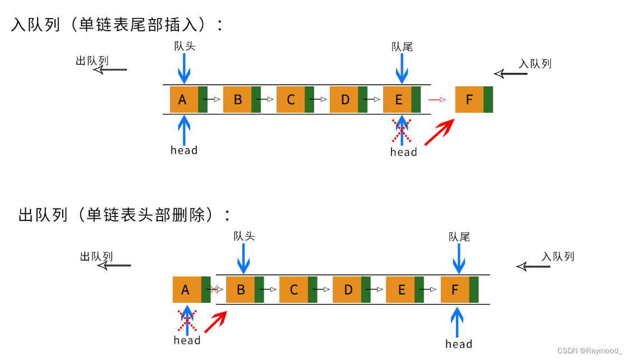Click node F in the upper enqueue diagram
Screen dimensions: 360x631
pyautogui.click(x=469, y=100)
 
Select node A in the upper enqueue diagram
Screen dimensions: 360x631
pyautogui.click(x=183, y=100)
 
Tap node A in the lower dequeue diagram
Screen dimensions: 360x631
pyautogui.click(x=186, y=290)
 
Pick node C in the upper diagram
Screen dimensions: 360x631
pyautogui.click(x=291, y=100)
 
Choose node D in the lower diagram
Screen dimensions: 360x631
pyautogui.click(x=348, y=290)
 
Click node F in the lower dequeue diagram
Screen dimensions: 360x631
pyautogui.click(x=455, y=290)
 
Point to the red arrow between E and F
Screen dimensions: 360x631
pyautogui.click(x=437, y=100)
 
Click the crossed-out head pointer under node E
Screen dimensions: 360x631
pyautogui.click(x=402, y=130)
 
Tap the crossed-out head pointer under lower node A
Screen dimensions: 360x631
pyautogui.click(x=187, y=320)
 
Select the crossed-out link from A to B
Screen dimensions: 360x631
pyautogui.click(x=214, y=290)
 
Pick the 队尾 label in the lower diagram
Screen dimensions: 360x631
pyautogui.click(x=459, y=237)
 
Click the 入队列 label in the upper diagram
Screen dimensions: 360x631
pyautogui.click(x=535, y=64)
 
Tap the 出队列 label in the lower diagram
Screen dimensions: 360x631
pyautogui.click(x=96, y=257)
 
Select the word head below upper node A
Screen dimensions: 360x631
pyautogui.click(x=184, y=150)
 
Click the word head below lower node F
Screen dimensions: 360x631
pyautogui.click(x=459, y=344)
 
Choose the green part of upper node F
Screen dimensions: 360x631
pyautogui.click(x=488, y=100)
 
